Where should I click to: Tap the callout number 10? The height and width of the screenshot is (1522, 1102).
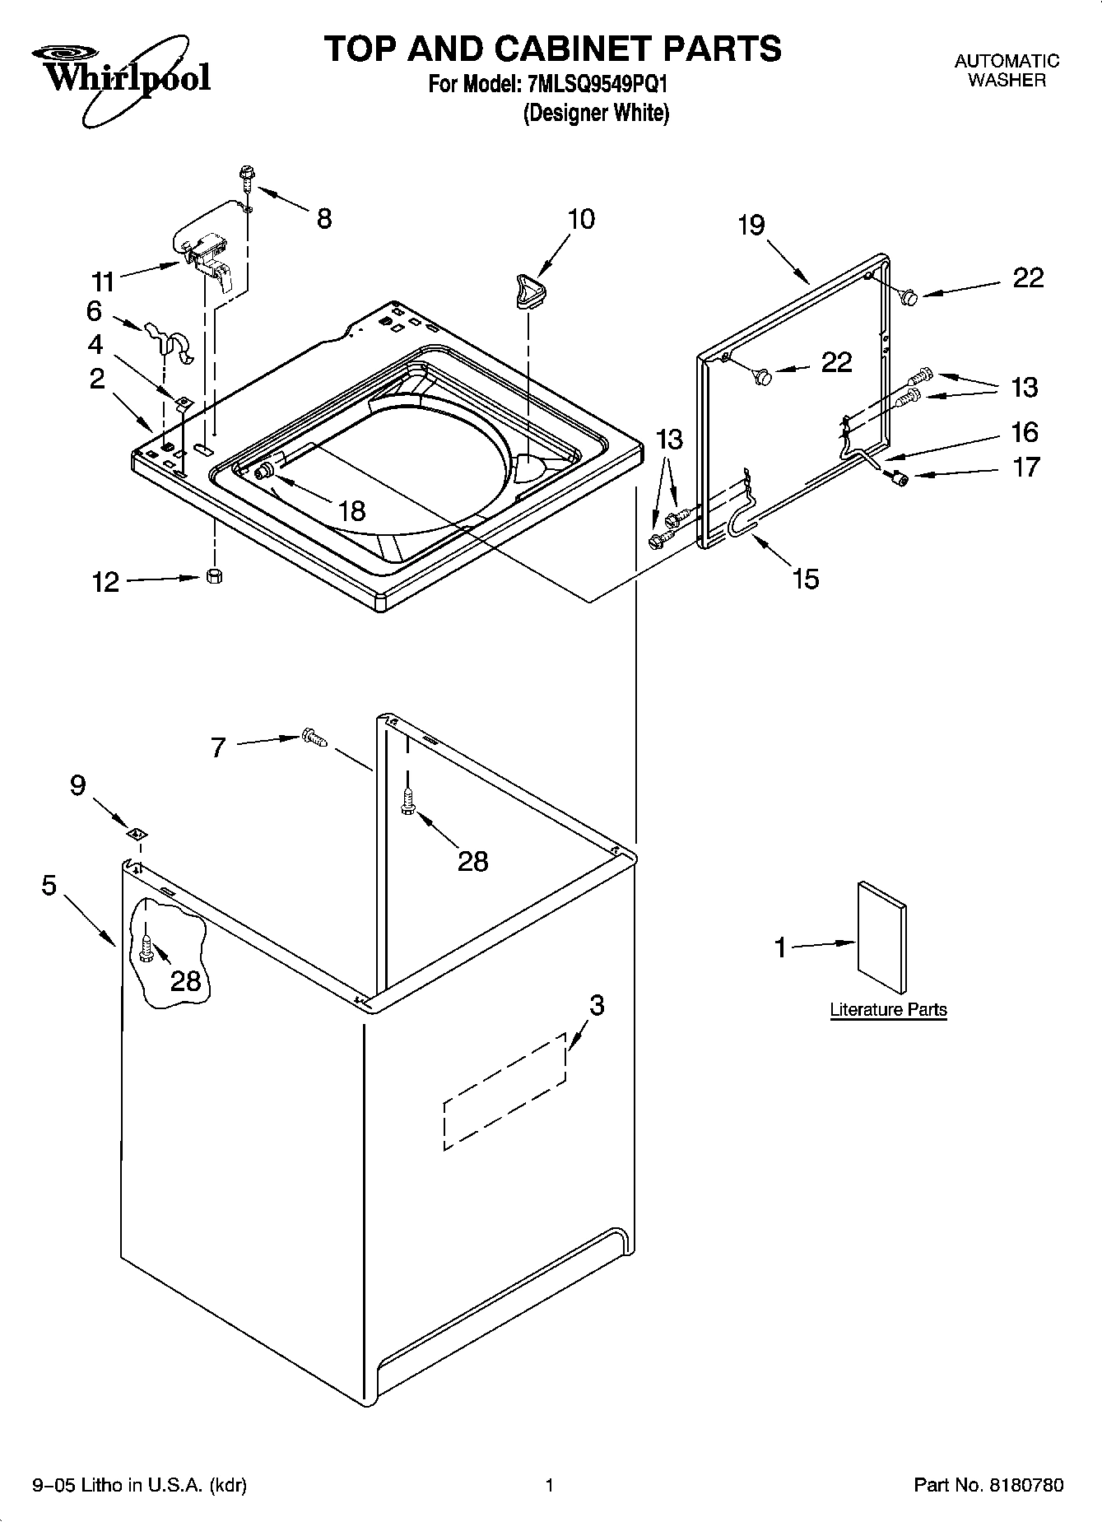(x=580, y=219)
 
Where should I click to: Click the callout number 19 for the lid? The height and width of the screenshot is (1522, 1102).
(x=751, y=225)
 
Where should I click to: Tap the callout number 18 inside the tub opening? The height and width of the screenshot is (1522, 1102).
(x=351, y=510)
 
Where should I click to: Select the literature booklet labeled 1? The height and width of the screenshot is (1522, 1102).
(x=882, y=938)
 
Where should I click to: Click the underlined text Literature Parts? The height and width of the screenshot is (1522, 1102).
(x=888, y=1009)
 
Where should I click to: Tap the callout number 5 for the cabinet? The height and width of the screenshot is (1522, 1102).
(x=49, y=886)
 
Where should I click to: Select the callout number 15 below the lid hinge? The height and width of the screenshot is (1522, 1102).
(x=806, y=579)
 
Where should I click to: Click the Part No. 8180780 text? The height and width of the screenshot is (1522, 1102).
(x=988, y=1485)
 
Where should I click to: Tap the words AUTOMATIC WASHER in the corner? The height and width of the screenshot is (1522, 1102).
(x=1007, y=70)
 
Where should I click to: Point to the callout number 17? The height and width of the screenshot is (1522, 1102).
(x=1025, y=468)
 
